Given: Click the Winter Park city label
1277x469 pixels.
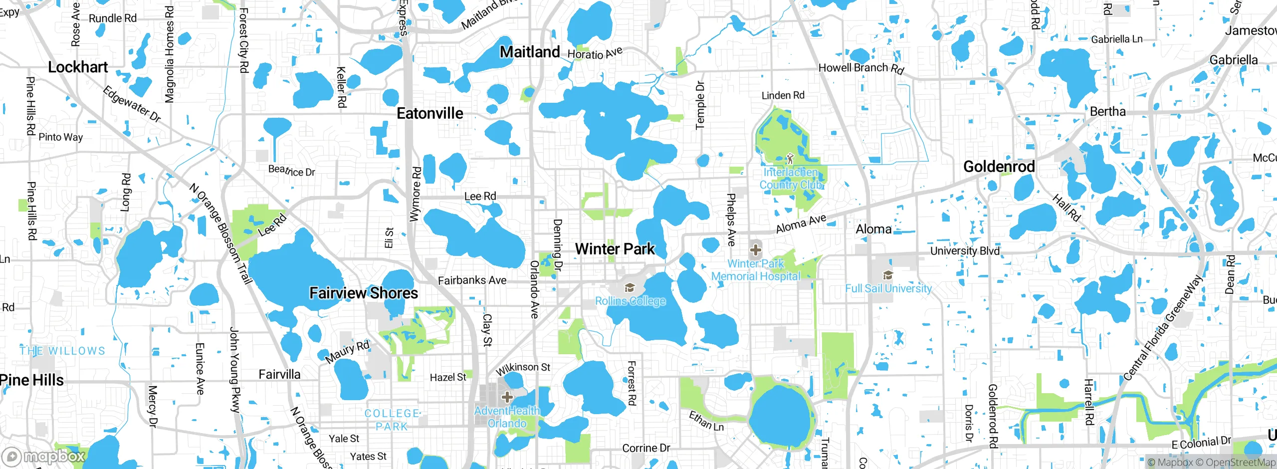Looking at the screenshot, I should point(615,249).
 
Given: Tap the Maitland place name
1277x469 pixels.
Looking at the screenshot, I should point(530,52).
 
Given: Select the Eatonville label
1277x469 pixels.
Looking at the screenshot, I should point(430,114).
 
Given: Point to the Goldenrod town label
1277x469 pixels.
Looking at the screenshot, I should point(999,167).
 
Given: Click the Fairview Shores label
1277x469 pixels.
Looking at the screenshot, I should point(364,293).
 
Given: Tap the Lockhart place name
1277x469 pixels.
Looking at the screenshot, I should point(78,67).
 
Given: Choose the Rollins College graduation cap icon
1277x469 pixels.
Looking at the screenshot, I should point(630,287).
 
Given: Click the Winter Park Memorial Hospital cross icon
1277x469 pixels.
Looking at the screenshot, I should point(756,249).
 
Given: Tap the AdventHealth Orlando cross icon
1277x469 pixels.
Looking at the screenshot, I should point(507,397).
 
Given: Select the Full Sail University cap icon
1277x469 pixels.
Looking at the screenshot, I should point(888,275).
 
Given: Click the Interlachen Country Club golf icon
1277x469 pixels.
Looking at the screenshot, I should point(790,159).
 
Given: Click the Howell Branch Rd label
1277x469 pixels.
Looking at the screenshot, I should point(861,68).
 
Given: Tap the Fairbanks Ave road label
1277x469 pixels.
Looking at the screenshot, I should point(472,280).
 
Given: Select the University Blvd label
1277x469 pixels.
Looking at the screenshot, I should point(965,251).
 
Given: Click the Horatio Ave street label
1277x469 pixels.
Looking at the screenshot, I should point(595,53).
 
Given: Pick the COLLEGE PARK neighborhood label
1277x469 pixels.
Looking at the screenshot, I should point(392,420).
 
